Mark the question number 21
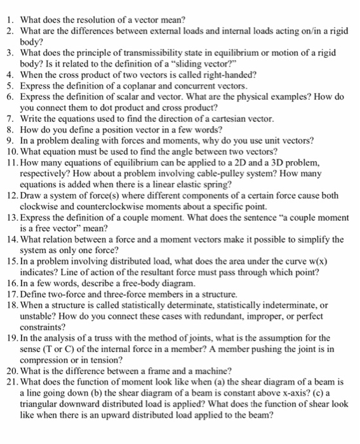coord(10,382)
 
